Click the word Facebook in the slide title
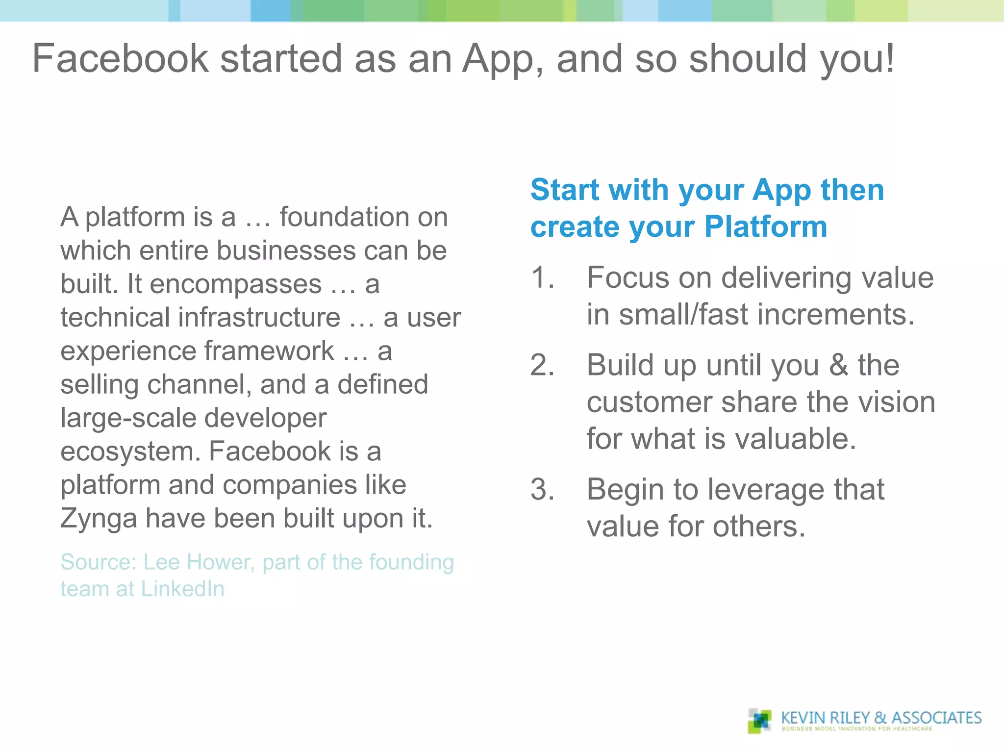[x=121, y=59]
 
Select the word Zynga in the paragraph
[x=99, y=519]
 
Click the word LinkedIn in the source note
[x=183, y=589]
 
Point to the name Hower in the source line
[x=221, y=562]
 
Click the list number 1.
[x=543, y=277]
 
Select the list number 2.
[x=543, y=365]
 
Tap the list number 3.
[x=543, y=490]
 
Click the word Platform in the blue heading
[x=766, y=227]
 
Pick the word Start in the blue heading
[x=565, y=190]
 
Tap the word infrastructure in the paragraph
[x=259, y=317]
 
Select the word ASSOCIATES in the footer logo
[x=936, y=718]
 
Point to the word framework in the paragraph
[x=269, y=351]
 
